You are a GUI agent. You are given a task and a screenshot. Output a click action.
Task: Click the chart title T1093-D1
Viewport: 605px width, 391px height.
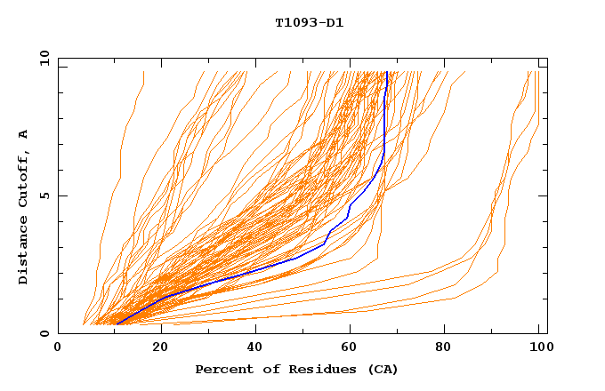pyautogui.click(x=309, y=22)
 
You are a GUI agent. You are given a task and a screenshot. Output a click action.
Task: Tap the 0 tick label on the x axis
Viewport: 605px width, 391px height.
pyautogui.click(x=58, y=347)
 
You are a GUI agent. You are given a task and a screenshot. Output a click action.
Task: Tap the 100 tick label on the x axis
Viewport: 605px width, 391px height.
pyautogui.click(x=538, y=347)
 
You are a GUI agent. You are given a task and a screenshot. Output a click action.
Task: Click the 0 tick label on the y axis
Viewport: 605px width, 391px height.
pyautogui.click(x=44, y=333)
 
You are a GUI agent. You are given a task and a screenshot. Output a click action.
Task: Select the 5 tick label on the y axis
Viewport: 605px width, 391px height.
pyautogui.click(x=44, y=195)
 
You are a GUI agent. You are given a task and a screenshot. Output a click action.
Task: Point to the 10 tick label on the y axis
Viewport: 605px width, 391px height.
pyautogui.click(x=42, y=58)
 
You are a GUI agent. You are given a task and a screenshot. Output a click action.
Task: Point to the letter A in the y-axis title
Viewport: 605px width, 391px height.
pyautogui.click(x=23, y=134)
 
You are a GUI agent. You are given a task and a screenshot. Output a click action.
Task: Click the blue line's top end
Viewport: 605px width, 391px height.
pyautogui.click(x=387, y=72)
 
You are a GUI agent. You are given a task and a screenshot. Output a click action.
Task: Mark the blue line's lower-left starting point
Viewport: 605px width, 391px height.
pyautogui.click(x=117, y=324)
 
